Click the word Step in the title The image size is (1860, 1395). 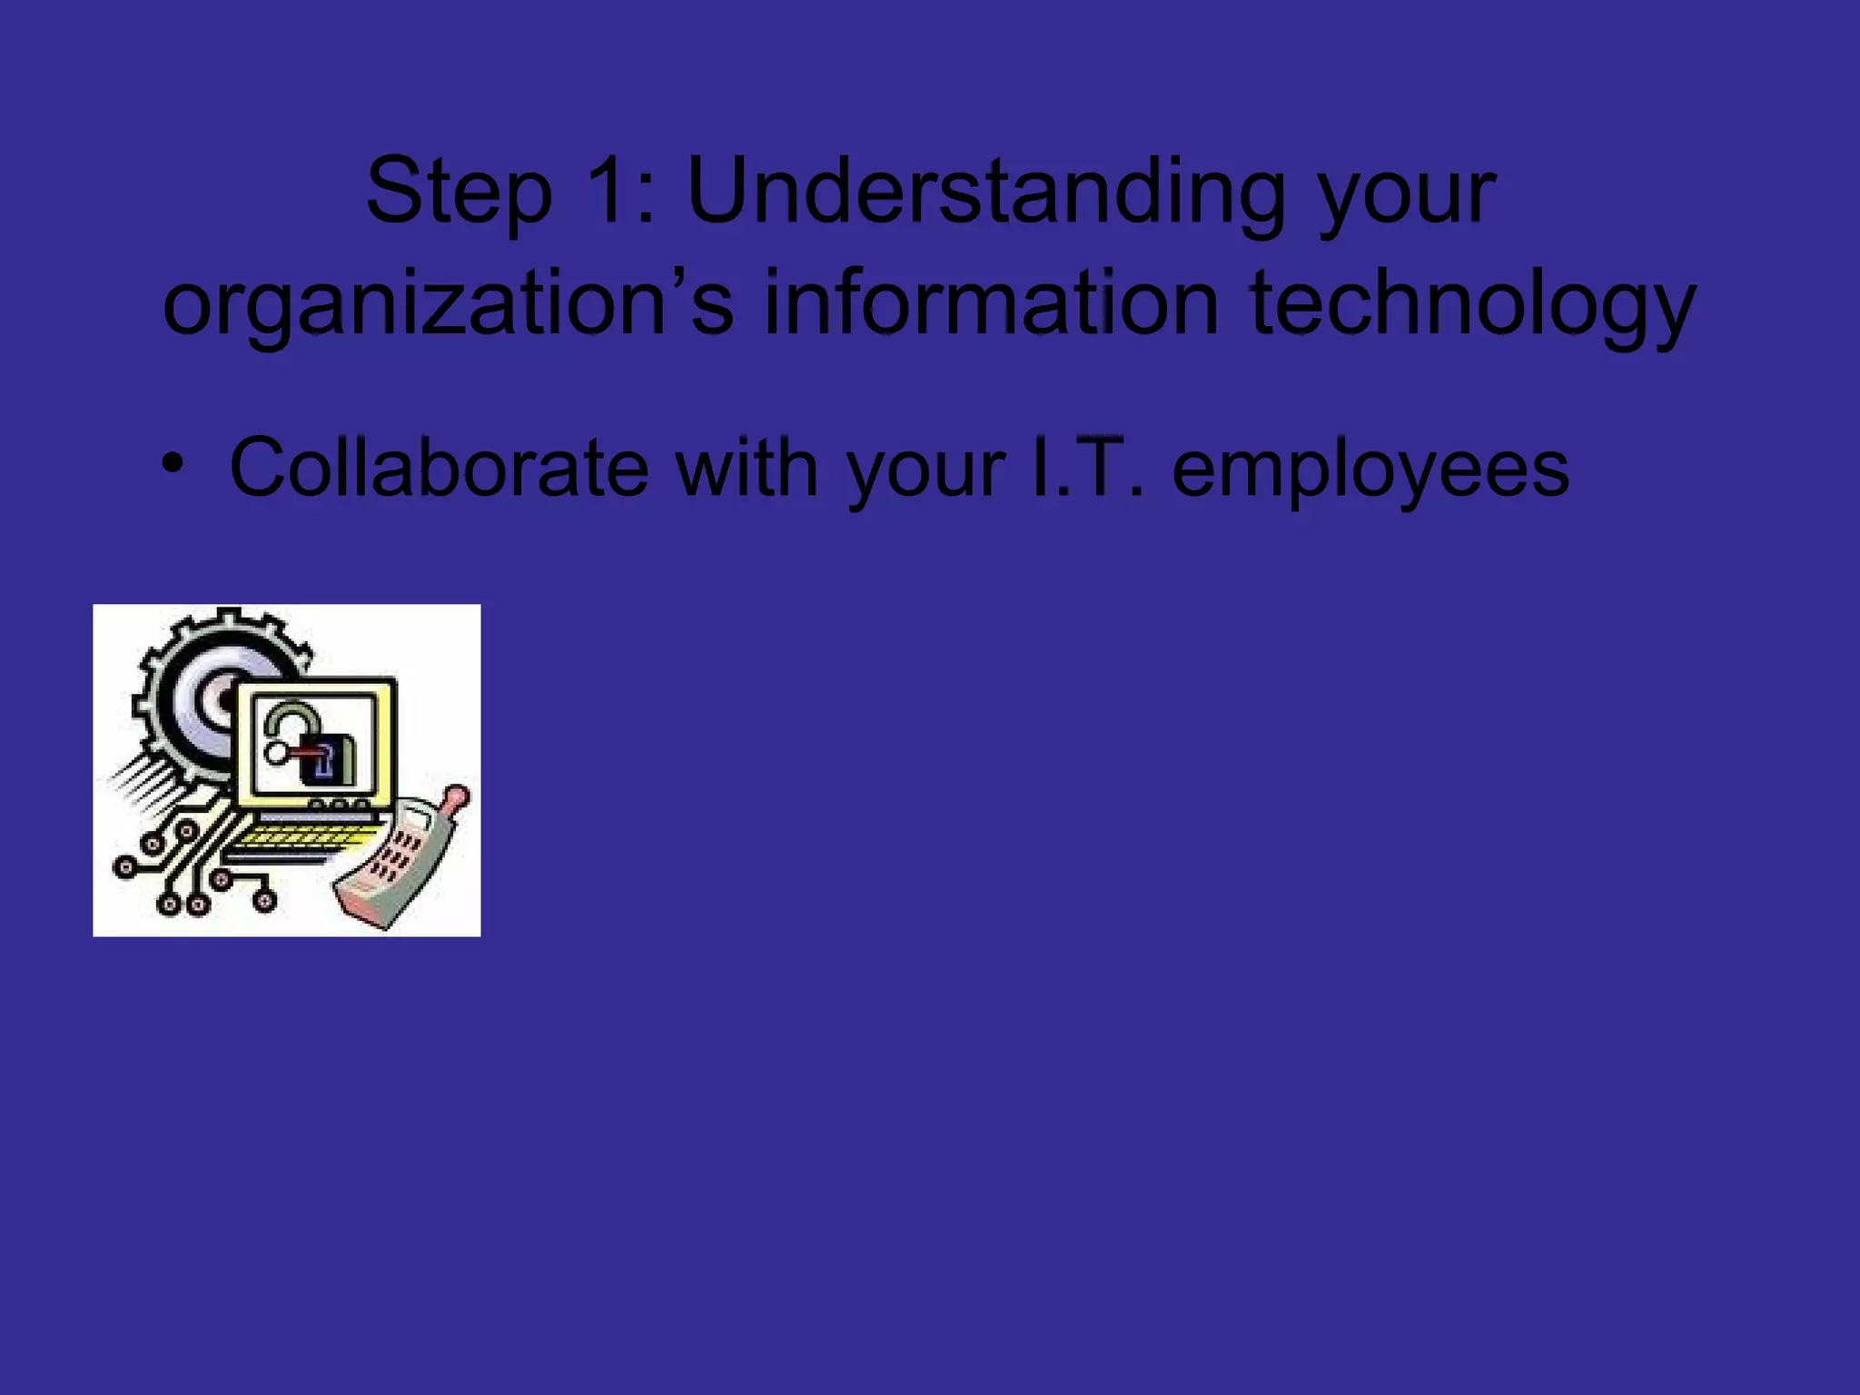(459, 193)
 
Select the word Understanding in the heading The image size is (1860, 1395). (986, 193)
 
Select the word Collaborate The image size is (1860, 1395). (439, 468)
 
